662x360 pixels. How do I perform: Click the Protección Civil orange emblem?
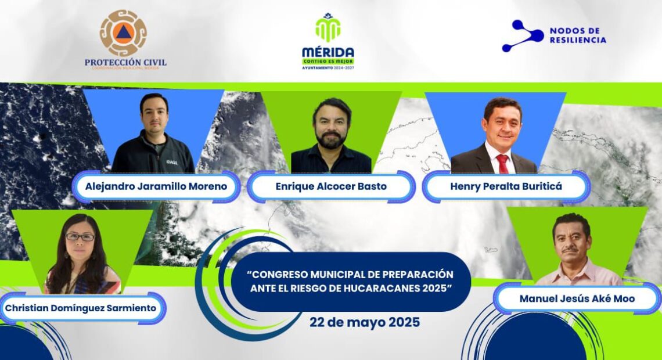click(123, 33)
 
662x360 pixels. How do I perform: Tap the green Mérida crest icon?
click(328, 28)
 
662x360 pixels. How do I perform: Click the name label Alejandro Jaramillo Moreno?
click(156, 186)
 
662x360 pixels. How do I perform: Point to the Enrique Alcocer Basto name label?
click(331, 186)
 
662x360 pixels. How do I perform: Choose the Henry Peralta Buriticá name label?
click(506, 186)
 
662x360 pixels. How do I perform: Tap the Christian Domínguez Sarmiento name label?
click(81, 308)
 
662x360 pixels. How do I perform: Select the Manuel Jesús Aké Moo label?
click(577, 299)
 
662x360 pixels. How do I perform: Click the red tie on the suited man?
click(502, 163)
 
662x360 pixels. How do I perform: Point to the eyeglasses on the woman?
click(80, 237)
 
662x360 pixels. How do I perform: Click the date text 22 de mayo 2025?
click(365, 322)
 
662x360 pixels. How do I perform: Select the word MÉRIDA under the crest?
click(328, 52)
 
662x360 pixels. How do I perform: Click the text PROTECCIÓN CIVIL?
click(125, 63)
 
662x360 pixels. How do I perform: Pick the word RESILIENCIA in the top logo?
click(578, 40)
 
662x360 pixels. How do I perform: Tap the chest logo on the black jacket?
click(172, 161)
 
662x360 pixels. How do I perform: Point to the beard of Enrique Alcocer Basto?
click(332, 140)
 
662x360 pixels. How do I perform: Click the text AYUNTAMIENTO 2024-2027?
click(328, 67)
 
